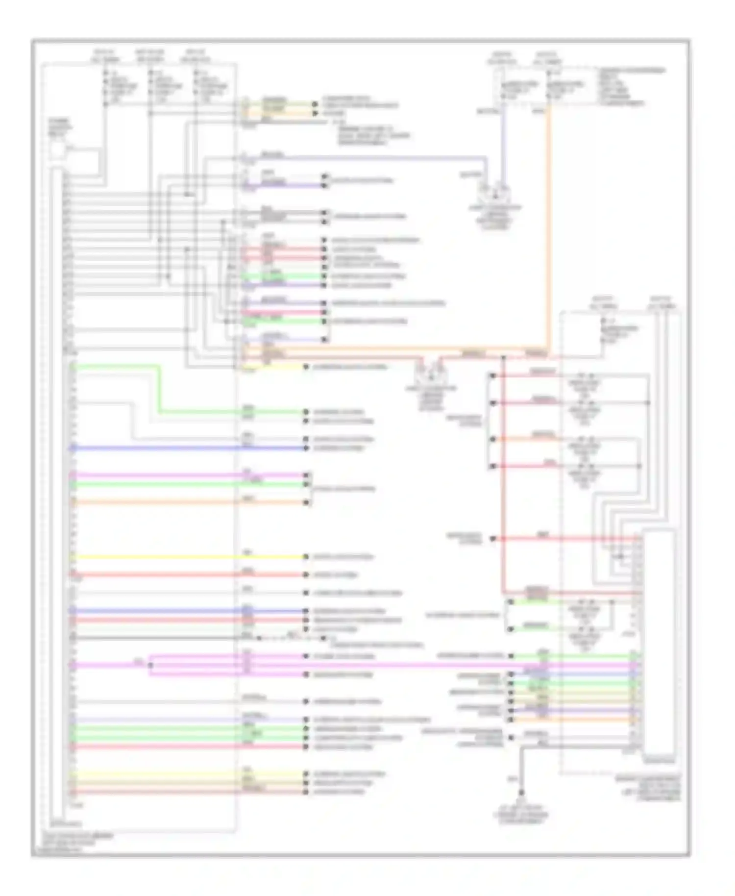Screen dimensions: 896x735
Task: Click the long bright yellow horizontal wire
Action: pyautogui.click(x=186, y=557)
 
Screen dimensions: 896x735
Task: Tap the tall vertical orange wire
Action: pyautogui.click(x=548, y=221)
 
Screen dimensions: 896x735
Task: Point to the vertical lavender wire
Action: pyautogui.click(x=503, y=147)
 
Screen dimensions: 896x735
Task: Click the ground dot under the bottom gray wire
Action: pyautogui.click(x=521, y=792)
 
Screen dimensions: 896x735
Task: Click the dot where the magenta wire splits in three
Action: pyautogui.click(x=150, y=665)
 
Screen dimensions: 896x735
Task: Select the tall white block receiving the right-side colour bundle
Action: pyautogui.click(x=659, y=642)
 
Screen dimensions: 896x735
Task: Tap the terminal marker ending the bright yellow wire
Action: pyautogui.click(x=306, y=557)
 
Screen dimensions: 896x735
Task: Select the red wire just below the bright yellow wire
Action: pyautogui.click(x=186, y=574)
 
